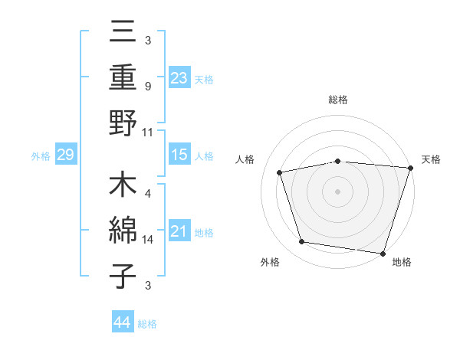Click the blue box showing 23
pyautogui.click(x=179, y=77)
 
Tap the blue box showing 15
pyautogui.click(x=179, y=155)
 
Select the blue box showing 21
pyautogui.click(x=179, y=232)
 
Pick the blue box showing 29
pyautogui.click(x=65, y=155)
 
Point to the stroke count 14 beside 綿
pyautogui.click(x=148, y=240)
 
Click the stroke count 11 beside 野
pyautogui.click(x=148, y=132)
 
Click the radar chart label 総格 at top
pyautogui.click(x=337, y=100)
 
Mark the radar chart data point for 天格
pyautogui.click(x=410, y=167)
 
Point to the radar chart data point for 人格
pyautogui.click(x=280, y=172)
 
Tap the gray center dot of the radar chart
pyautogui.click(x=337, y=191)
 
